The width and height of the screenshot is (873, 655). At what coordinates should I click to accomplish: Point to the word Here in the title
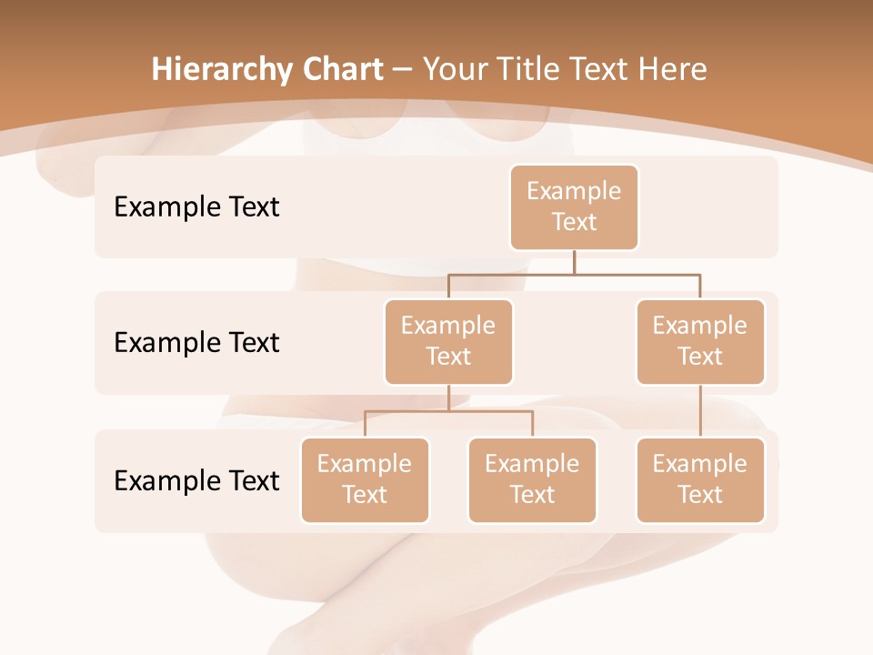coord(672,69)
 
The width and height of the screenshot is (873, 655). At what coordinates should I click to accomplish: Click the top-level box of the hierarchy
coord(574,207)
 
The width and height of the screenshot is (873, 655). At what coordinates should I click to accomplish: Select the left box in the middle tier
coord(448,341)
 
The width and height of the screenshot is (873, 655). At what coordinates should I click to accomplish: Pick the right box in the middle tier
coord(700,341)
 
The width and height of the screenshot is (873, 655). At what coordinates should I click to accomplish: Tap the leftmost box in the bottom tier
coord(365,479)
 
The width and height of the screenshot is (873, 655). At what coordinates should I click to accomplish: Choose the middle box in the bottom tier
coord(532,479)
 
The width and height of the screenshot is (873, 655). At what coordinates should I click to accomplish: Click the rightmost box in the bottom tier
coord(700,479)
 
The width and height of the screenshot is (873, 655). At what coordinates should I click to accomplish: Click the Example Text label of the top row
coord(196,207)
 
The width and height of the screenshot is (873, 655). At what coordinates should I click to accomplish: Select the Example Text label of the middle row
coord(196,342)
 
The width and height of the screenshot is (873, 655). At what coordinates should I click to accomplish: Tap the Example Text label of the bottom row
coord(196,480)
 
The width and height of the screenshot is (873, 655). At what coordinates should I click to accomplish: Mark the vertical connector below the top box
coord(574,262)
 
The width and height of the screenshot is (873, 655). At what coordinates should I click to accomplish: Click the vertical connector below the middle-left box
coord(448,398)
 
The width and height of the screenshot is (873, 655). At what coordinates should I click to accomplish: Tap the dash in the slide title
coord(403,70)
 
